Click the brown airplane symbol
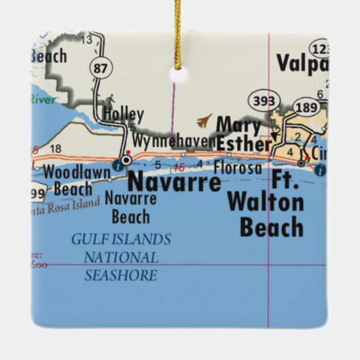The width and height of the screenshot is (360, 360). coord(204,121)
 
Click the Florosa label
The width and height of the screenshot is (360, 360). coord(237,166)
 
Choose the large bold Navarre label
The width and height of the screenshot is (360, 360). coord(174,182)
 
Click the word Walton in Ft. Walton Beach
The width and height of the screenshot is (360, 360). coord(266,202)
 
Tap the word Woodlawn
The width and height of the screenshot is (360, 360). coord(76,173)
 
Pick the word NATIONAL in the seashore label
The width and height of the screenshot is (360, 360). coord(121,257)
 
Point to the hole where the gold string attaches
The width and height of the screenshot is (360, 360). coord(179,74)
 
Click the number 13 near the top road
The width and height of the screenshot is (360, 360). coord(86,39)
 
